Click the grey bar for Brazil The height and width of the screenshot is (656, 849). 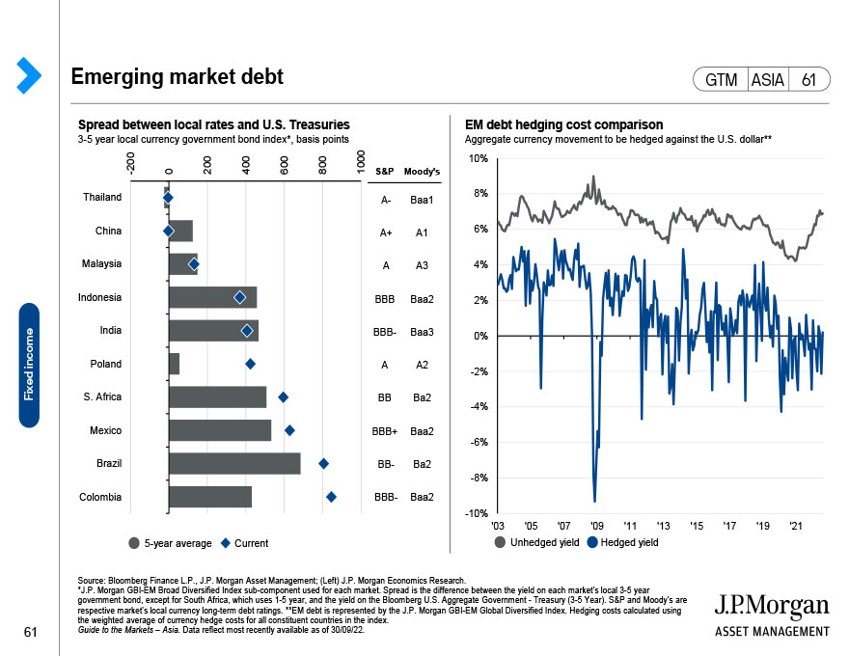[234, 463]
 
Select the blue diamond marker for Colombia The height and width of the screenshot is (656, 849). [331, 497]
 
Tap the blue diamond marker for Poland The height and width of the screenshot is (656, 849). [250, 364]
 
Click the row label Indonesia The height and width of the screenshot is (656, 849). [99, 297]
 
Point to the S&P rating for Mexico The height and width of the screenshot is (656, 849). [385, 431]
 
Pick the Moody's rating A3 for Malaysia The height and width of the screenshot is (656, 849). [422, 264]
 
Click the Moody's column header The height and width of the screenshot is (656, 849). [422, 173]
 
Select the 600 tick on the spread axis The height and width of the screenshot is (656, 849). [287, 165]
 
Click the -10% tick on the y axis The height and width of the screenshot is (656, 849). [476, 513]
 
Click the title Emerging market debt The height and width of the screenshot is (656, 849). [177, 76]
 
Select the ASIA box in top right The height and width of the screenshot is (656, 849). [767, 80]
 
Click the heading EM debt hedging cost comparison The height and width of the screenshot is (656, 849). [563, 125]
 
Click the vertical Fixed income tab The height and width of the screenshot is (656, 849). [29, 365]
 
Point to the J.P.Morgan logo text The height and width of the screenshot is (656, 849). [771, 606]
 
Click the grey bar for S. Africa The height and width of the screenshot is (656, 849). [217, 396]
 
